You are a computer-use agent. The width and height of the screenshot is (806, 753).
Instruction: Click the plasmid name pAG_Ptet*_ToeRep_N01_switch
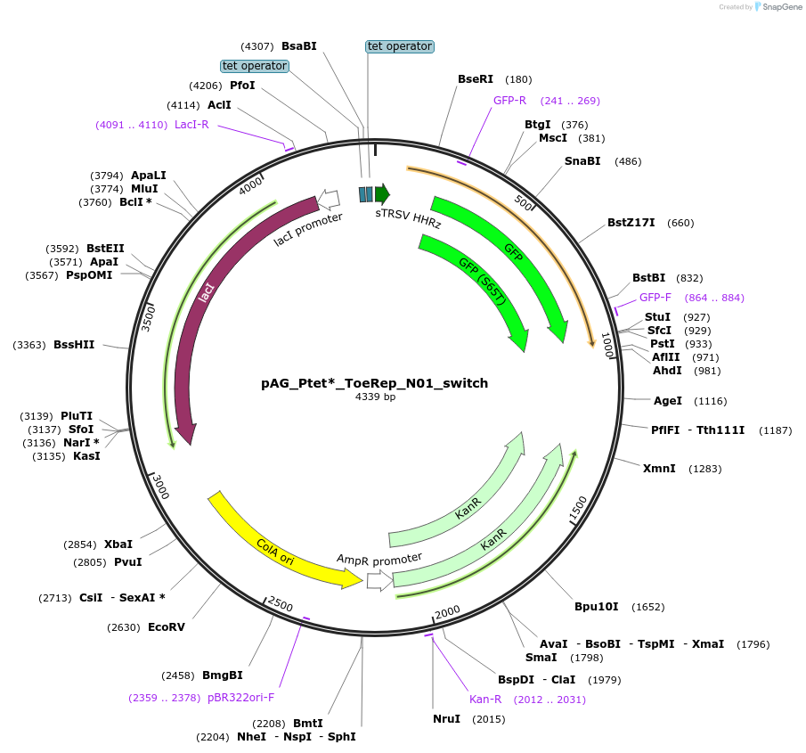[x=374, y=383]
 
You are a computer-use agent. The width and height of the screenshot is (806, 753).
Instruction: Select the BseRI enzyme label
[x=476, y=79]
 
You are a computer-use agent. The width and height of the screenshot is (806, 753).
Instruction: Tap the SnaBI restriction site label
[x=582, y=161]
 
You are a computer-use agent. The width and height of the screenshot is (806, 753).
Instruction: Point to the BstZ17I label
[x=631, y=223]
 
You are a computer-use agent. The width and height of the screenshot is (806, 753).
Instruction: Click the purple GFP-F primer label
[x=655, y=298]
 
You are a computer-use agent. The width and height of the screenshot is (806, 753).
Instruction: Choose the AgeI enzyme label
[x=668, y=401]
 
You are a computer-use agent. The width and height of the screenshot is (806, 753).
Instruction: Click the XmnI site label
[x=659, y=469]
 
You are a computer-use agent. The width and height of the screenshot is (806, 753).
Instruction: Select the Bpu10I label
[x=597, y=608]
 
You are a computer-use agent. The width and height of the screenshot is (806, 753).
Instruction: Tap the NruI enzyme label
[x=447, y=719]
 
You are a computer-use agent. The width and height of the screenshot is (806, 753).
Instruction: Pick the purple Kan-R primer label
[x=486, y=700]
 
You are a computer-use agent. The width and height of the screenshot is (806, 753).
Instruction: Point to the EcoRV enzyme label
[x=167, y=627]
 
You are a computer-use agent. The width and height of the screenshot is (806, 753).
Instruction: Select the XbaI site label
[x=118, y=544]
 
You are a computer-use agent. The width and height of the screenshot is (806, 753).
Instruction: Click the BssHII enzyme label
[x=74, y=345]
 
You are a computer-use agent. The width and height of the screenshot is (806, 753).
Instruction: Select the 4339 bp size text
[x=375, y=397]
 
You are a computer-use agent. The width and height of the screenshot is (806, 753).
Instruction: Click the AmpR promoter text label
[x=379, y=559]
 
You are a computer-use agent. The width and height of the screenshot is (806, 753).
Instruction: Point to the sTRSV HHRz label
[x=408, y=219]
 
